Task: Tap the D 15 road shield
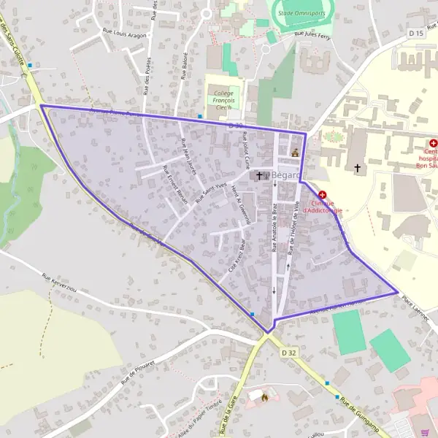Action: [x=416, y=33]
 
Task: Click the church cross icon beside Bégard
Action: [x=259, y=176]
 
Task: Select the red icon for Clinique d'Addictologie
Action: [x=322, y=195]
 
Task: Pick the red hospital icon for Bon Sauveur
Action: [x=433, y=144]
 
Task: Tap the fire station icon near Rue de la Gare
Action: [x=263, y=397]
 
